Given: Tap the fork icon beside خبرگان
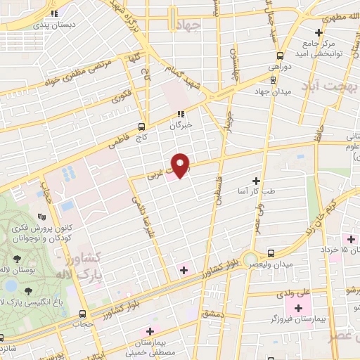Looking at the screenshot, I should [x=181, y=114].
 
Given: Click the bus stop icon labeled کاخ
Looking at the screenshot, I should [x=143, y=127].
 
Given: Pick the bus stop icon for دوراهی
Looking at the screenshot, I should [x=281, y=56].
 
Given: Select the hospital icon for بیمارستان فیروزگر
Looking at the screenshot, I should [x=299, y=308].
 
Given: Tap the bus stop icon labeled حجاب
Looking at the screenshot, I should [x=84, y=314].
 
